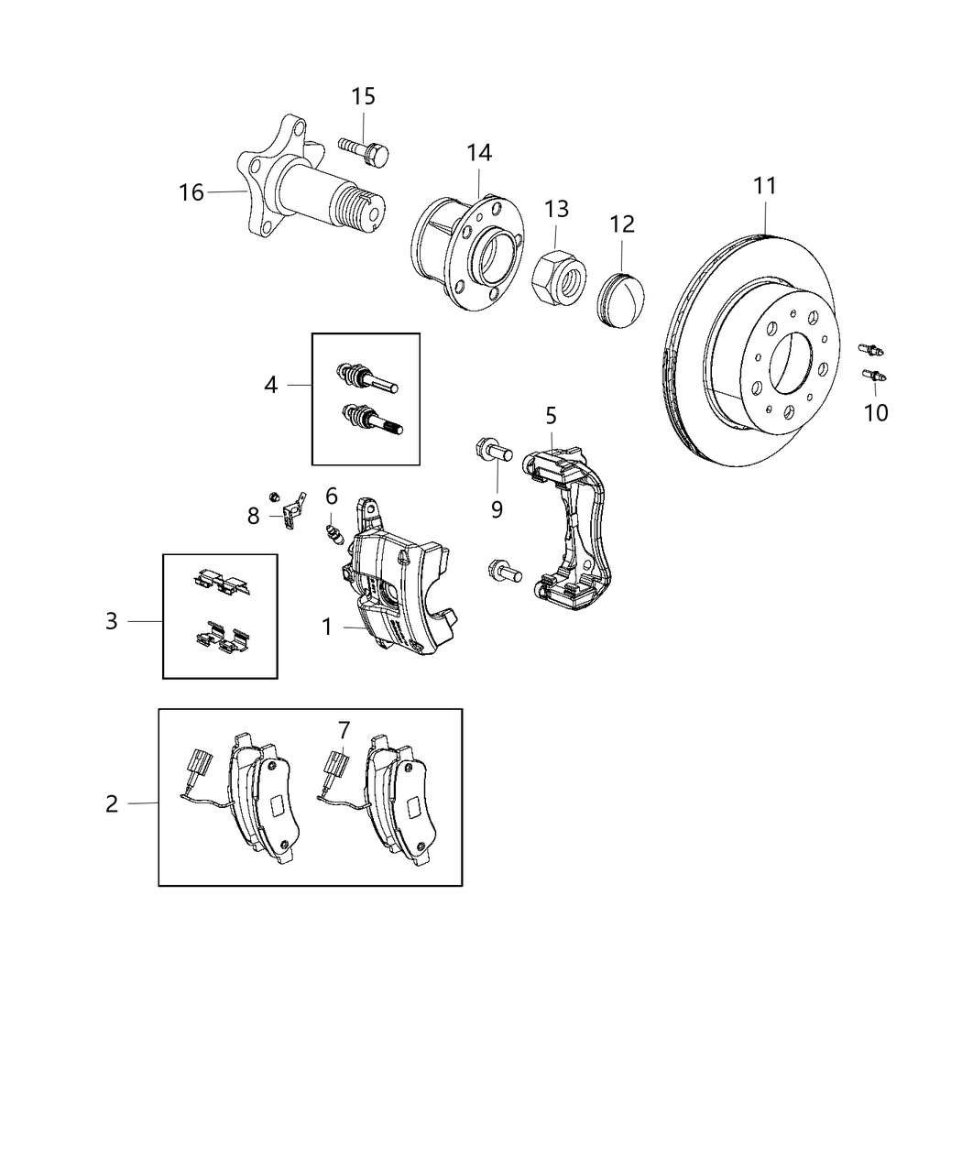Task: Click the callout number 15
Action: (x=363, y=96)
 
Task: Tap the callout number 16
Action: (x=191, y=192)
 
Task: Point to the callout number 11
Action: (x=765, y=186)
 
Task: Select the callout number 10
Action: (x=876, y=412)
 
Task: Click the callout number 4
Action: (x=270, y=385)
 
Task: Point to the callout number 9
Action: (x=497, y=508)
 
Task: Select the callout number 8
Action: (x=253, y=516)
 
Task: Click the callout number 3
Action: (x=111, y=621)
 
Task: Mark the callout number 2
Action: (x=111, y=803)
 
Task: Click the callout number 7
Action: (x=344, y=730)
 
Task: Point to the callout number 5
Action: (x=551, y=416)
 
